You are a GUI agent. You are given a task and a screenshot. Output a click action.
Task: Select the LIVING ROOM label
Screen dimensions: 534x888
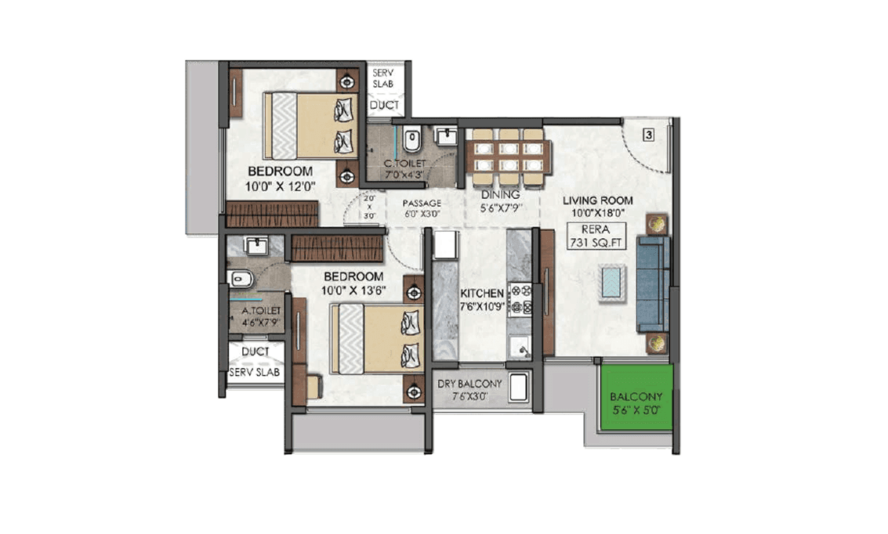coord(597,200)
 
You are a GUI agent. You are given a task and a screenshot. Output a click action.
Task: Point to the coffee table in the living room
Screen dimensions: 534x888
coord(612,282)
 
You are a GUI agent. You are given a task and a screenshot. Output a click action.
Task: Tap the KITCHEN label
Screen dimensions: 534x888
coord(481,292)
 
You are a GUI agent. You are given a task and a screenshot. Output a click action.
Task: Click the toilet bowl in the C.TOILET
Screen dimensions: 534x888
coord(412,141)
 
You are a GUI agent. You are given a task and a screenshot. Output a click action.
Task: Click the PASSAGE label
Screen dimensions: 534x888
coord(422,203)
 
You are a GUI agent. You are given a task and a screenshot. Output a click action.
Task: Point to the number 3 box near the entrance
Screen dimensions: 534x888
coord(648,134)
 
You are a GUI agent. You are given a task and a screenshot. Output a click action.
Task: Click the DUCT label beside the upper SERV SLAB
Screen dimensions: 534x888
coord(384,105)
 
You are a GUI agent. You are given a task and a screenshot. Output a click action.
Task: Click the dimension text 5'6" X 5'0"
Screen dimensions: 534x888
coord(636,410)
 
